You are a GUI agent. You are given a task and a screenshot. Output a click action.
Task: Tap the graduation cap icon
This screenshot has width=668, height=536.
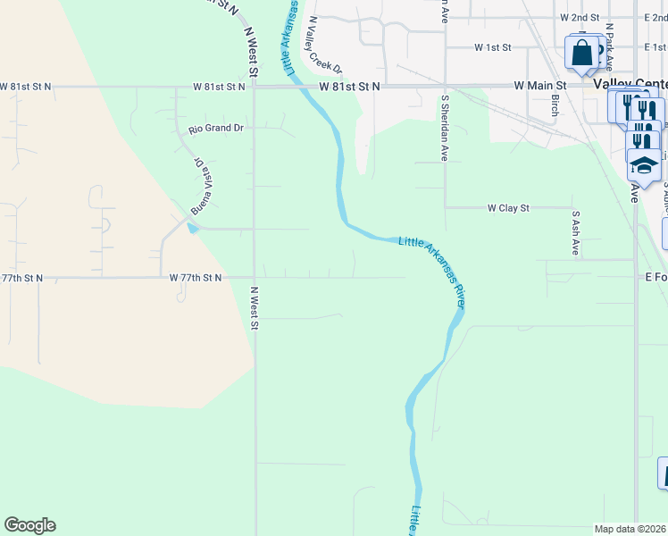pyautogui.click(x=643, y=164)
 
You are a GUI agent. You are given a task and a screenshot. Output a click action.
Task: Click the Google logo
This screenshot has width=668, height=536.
pyautogui.click(x=29, y=525)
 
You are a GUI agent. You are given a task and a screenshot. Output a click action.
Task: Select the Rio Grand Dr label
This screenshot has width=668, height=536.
pyautogui.click(x=216, y=129)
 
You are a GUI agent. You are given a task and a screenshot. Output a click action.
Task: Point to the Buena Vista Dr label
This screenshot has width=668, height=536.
pyautogui.click(x=200, y=186)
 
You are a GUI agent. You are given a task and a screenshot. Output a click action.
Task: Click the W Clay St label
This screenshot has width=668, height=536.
pyautogui.click(x=508, y=207)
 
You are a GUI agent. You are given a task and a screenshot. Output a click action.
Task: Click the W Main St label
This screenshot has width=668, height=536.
pyautogui.click(x=536, y=86)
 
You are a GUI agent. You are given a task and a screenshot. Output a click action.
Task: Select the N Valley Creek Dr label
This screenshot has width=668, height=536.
pyautogui.click(x=326, y=45)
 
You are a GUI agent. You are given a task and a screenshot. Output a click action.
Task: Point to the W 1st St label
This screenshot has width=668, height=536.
pyautogui.click(x=493, y=46)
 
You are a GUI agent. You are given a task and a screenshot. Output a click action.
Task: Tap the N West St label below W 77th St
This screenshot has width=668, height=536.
pyautogui.click(x=254, y=307)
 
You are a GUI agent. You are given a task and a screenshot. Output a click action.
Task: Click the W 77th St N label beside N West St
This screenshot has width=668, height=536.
pyautogui.click(x=196, y=278)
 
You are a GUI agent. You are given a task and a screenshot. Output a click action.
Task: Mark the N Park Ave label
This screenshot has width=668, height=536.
pyautogui.click(x=609, y=46)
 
